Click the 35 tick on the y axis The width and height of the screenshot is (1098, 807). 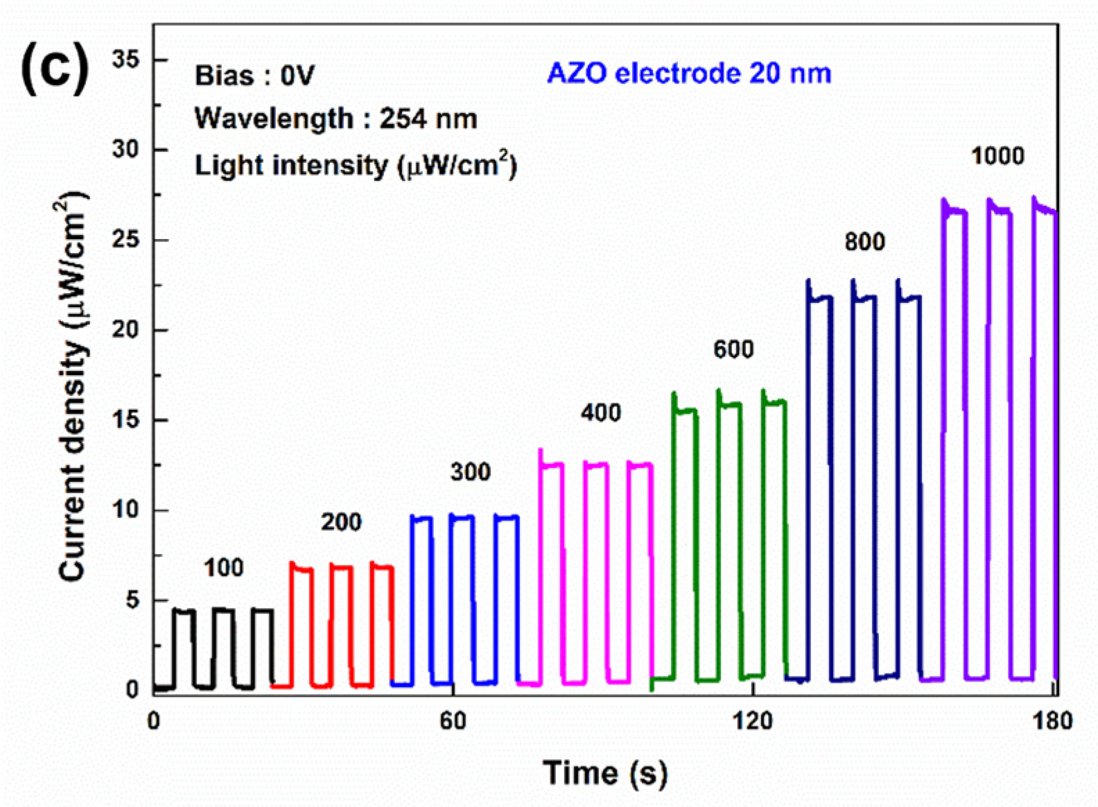coord(125,60)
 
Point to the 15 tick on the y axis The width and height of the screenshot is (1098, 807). coord(125,420)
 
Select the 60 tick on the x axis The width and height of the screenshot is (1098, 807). coord(453,720)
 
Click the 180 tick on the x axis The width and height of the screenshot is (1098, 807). coord(1052,720)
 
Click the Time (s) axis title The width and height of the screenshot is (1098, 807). coord(605,773)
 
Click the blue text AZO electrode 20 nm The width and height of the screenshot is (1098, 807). coord(689,73)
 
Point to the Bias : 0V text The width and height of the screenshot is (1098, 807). coord(254,75)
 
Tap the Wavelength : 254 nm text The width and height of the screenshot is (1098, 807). coord(335,119)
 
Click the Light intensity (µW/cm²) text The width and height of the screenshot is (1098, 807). coord(356,165)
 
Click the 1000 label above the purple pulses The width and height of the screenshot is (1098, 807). coord(997,156)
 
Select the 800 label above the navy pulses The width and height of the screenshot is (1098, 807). coord(864,242)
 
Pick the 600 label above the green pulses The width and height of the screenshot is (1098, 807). coord(733,349)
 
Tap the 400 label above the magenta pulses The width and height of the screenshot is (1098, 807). coord(600,413)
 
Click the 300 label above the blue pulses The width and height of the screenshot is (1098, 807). coord(470,472)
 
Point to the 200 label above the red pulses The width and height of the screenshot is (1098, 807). coord(341,522)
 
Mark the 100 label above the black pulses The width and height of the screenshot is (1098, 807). coord(223,569)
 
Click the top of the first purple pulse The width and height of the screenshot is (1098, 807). coord(954,209)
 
